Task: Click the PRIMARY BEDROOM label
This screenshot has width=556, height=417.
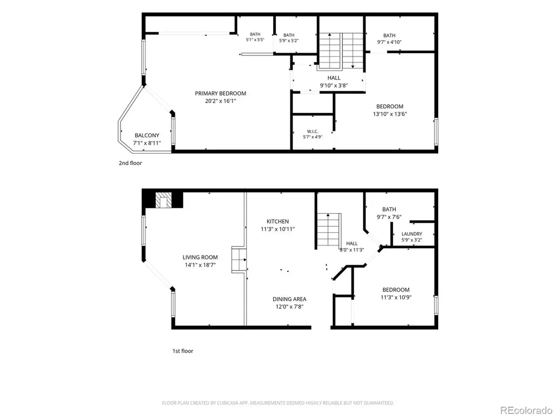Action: pos(220,93)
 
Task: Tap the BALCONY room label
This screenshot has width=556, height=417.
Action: pos(147,135)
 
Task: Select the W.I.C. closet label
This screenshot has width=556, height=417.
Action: pos(312,131)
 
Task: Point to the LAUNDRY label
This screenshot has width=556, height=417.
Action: pos(412,234)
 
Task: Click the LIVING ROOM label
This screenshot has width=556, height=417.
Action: pos(200,257)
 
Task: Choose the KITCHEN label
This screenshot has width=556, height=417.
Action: pos(277,222)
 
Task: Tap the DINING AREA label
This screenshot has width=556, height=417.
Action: pos(289,299)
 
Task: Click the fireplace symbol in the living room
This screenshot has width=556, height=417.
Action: pos(163,200)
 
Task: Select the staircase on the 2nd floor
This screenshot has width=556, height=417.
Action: pos(341,50)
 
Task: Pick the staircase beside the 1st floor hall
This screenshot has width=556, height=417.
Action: pos(328,230)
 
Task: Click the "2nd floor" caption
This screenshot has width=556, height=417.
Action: pos(130,163)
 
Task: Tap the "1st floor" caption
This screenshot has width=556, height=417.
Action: pos(182,351)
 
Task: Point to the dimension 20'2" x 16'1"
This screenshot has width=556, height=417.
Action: pos(220,101)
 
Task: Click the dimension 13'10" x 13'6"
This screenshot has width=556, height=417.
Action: pos(390,114)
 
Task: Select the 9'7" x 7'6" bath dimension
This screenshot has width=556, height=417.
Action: pos(389,217)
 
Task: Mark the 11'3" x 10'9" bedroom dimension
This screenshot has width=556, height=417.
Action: pos(396,298)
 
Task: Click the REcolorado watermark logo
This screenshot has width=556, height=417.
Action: pos(526,410)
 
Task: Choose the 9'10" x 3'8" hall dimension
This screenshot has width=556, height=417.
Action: pos(334,85)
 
